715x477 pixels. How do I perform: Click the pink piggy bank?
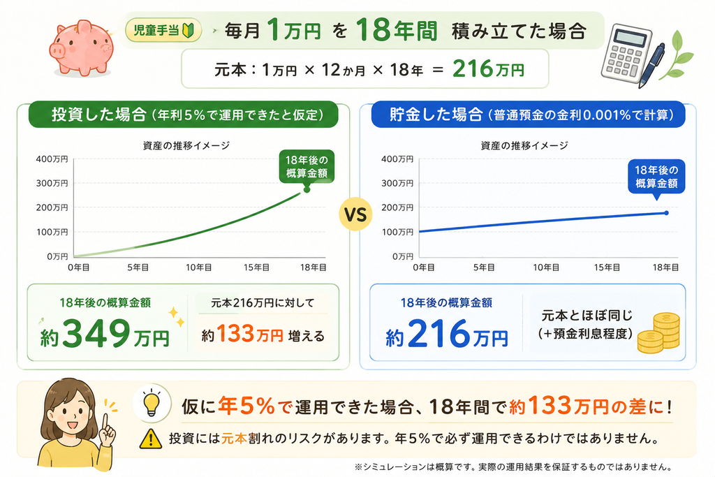(x=82, y=48)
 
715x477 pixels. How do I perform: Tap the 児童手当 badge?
(x=163, y=30)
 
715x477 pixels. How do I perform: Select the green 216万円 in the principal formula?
(x=488, y=69)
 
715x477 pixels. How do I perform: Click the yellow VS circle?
(x=355, y=214)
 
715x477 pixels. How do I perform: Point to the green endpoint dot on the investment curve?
(x=307, y=189)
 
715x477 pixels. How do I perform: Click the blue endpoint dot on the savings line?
(x=666, y=213)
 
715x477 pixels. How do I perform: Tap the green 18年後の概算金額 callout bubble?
(x=307, y=167)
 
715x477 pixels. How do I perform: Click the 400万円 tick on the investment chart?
(x=52, y=159)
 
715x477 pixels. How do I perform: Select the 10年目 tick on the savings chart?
(x=546, y=267)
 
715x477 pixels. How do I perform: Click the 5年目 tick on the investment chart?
(x=138, y=267)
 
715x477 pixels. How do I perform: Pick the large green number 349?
(x=96, y=333)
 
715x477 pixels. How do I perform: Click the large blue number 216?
(x=438, y=333)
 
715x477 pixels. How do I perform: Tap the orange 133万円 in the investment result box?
(x=250, y=335)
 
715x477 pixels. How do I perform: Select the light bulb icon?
(x=152, y=403)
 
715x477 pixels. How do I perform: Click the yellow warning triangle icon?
(x=151, y=439)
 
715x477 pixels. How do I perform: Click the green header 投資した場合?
(x=99, y=115)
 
